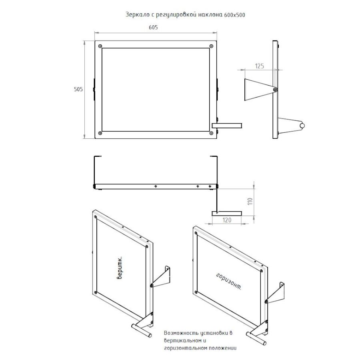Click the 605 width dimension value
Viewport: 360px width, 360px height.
point(153,27)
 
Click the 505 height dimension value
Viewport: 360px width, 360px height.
point(78,89)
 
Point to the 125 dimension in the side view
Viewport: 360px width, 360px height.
point(260,66)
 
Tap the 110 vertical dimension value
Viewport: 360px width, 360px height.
point(250,201)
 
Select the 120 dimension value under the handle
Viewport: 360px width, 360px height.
point(227,220)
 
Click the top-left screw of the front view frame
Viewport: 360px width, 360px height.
point(100,46)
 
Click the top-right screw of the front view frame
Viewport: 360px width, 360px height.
point(211,46)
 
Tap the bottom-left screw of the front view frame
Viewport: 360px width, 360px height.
point(100,133)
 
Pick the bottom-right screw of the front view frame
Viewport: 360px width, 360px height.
point(211,133)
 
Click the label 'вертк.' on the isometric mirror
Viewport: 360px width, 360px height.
point(119,268)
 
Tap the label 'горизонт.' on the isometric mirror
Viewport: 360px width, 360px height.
point(229,282)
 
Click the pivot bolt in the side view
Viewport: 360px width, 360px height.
point(275,90)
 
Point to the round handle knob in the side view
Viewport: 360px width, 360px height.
point(302,126)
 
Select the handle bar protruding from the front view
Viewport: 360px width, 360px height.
point(227,125)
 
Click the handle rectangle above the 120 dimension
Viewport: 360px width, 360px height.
point(227,214)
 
